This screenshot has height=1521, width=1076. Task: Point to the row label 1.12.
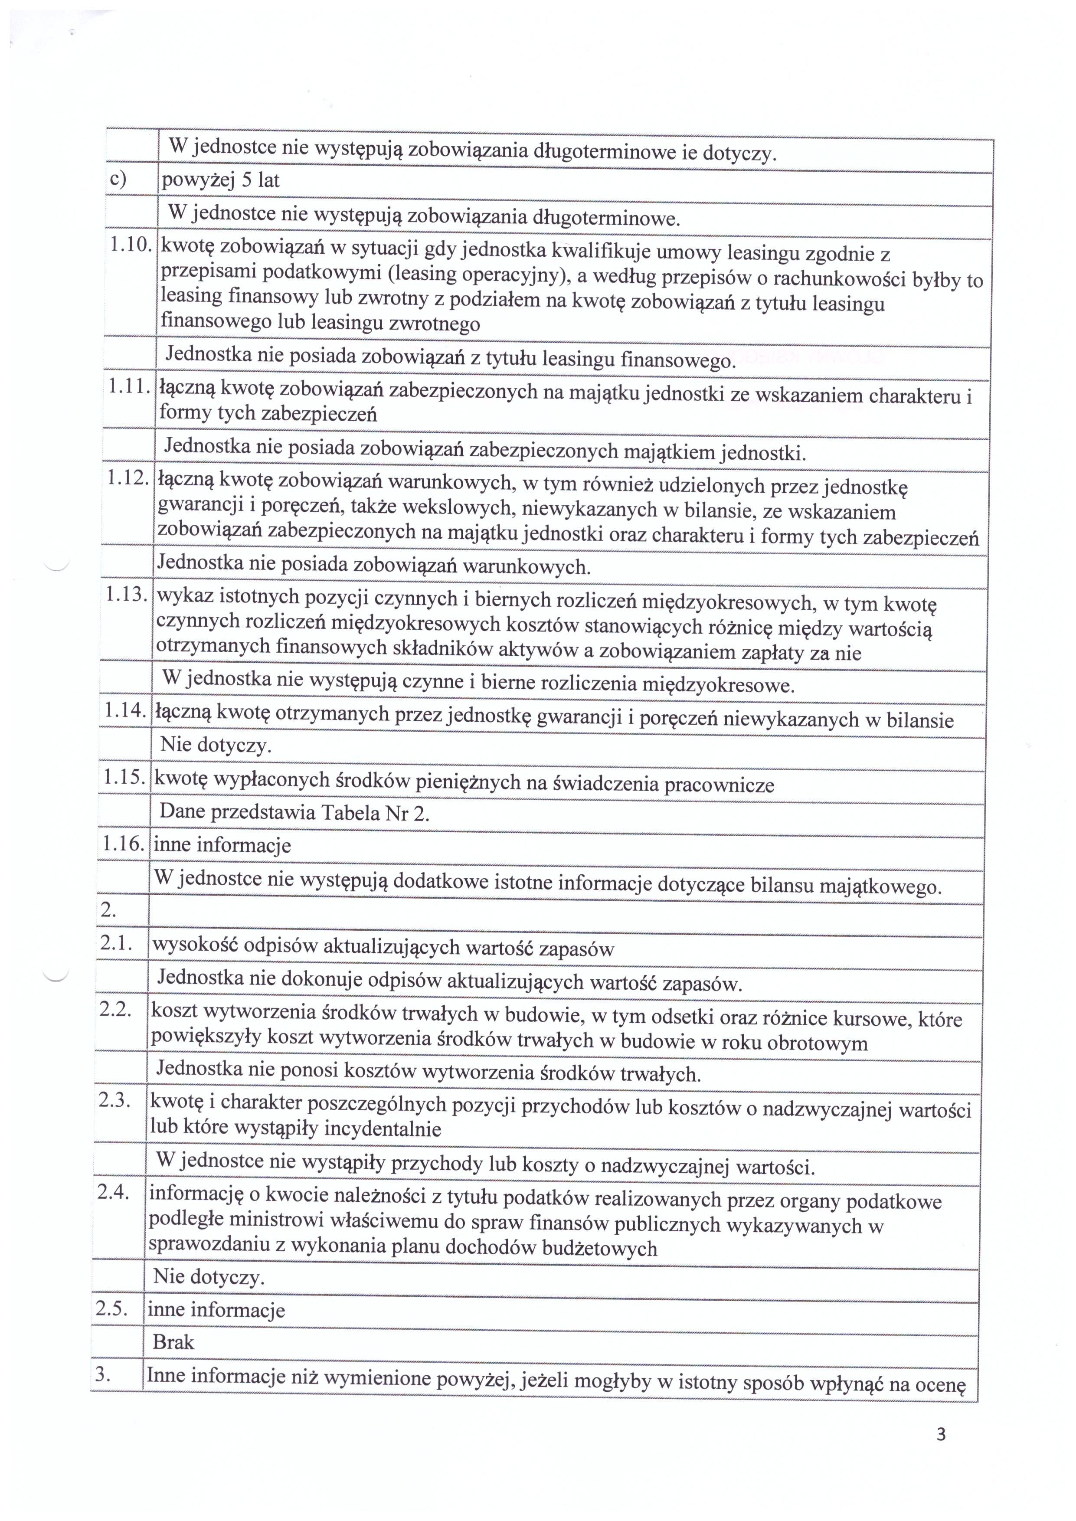[128, 478]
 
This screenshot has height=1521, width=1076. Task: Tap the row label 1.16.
[123, 843]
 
